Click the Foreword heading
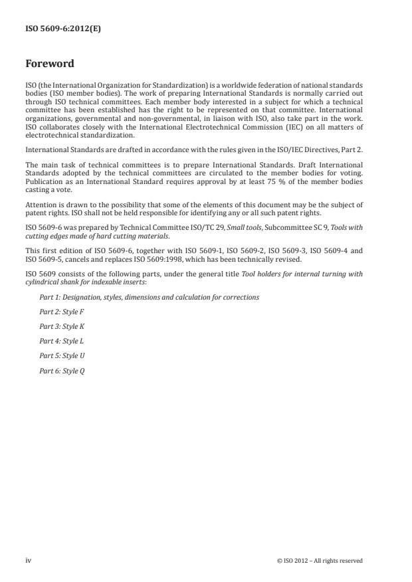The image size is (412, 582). tap(49, 64)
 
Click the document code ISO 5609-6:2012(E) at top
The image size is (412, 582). tap(63, 29)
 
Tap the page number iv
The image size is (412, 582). tap(29, 561)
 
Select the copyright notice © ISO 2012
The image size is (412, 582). tap(320, 561)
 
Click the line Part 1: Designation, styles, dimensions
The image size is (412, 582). tap(149, 297)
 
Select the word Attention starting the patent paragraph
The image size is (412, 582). tap(40, 206)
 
